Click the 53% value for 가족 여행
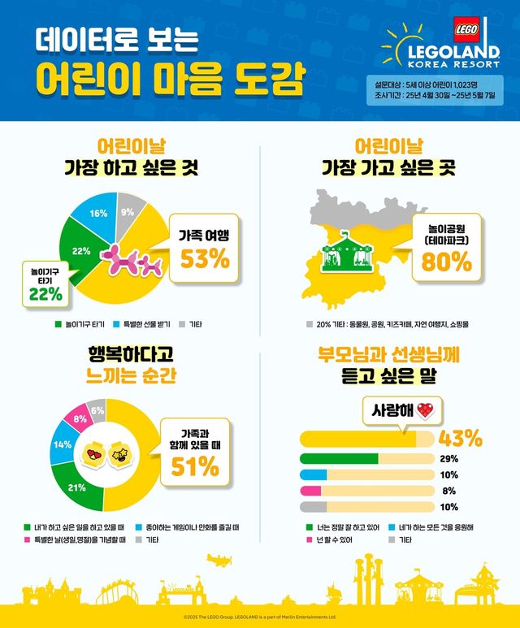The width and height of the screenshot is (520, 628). coord(205,260)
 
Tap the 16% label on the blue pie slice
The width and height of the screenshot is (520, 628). coord(98,214)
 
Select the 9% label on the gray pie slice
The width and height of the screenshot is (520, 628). coord(128,213)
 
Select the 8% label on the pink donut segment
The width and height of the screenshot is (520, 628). coord(80,419)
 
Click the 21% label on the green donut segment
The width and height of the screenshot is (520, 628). coord(77,487)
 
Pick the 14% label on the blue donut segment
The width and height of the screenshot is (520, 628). coord(62,444)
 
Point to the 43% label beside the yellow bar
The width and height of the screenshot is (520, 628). coord(460,438)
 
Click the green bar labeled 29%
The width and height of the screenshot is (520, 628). coord(339,459)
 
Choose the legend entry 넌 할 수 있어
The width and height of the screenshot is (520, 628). coord(330,539)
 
